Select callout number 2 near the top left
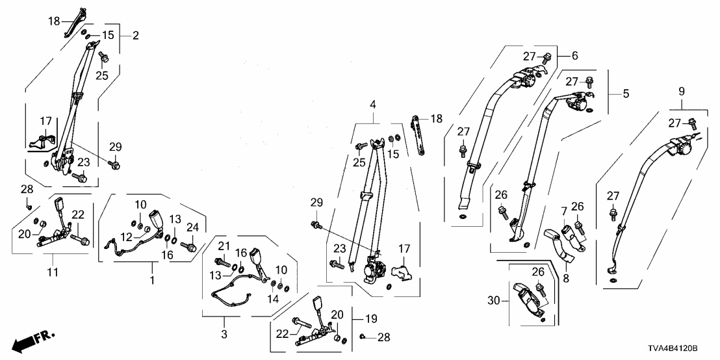pyautogui.click(x=135, y=35)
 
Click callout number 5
pyautogui.click(x=626, y=94)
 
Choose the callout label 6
pyautogui.click(x=574, y=57)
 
